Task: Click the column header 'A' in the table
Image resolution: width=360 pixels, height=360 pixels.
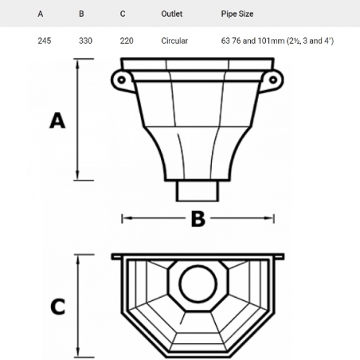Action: [40, 14]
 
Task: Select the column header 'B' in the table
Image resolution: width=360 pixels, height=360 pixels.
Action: [81, 14]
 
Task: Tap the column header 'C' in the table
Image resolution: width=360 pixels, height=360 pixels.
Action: [122, 14]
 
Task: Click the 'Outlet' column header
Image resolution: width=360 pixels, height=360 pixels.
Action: [171, 14]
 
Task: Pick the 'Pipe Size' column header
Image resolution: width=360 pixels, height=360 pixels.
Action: [237, 14]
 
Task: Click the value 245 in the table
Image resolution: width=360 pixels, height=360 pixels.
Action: [44, 41]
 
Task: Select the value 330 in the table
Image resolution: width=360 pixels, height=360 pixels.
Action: [85, 41]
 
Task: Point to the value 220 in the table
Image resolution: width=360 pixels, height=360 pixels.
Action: [127, 41]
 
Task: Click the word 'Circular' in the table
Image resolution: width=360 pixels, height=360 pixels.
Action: [174, 41]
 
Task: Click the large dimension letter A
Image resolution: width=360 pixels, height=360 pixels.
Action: [57, 120]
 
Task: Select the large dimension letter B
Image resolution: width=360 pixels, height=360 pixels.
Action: [197, 218]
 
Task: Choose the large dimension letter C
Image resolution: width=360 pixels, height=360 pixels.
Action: [57, 307]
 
